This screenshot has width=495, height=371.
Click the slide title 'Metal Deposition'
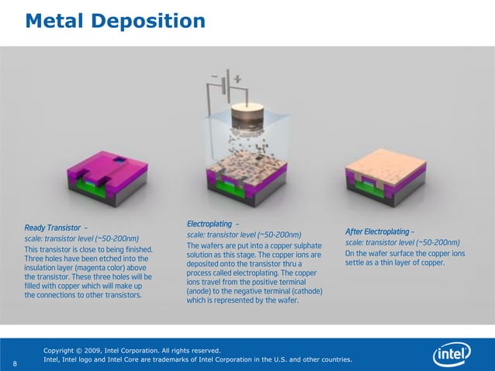pos(115,20)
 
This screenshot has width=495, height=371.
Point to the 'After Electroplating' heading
pos(378,232)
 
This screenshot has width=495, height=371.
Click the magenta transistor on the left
pos(108,177)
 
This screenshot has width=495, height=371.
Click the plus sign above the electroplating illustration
pos(237,78)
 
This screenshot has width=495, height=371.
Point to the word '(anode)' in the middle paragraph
pos(202,291)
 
